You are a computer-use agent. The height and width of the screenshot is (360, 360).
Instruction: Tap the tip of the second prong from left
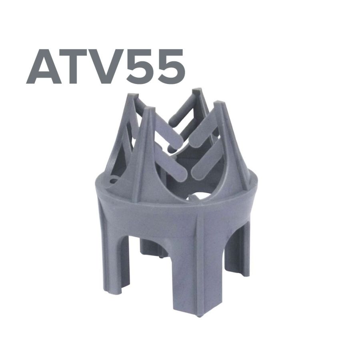[x=149, y=108]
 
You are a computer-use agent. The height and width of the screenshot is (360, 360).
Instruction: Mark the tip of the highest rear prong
[x=197, y=89]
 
